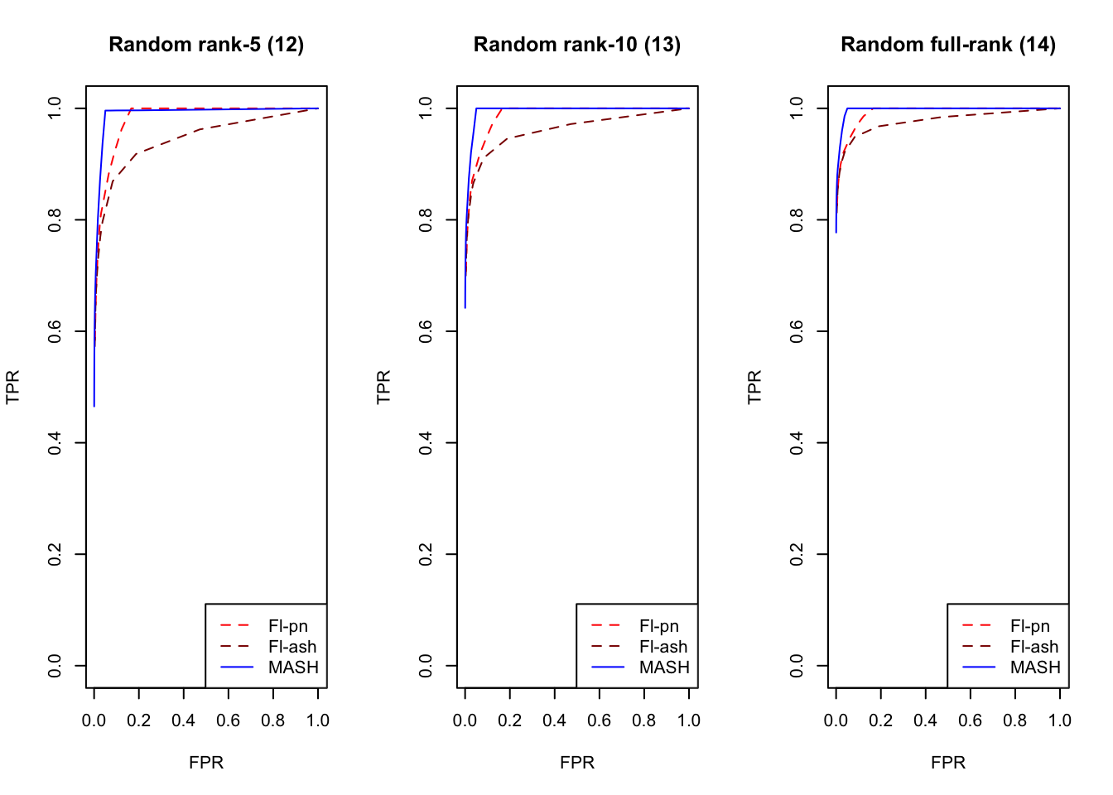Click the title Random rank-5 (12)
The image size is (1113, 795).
point(206,45)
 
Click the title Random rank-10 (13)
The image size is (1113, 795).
point(577,45)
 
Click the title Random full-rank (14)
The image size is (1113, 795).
point(948,45)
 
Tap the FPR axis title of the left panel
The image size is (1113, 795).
point(206,763)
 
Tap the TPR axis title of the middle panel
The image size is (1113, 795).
point(383,387)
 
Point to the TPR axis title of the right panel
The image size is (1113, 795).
point(754,387)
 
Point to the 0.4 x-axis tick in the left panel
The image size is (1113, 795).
point(184,720)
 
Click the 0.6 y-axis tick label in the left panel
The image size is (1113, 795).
point(55,331)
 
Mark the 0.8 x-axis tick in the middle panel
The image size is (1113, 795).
point(644,720)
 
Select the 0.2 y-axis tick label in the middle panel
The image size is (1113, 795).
point(426,554)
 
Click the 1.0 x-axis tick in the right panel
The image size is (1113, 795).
point(1060,720)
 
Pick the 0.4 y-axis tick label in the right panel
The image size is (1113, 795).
point(797,442)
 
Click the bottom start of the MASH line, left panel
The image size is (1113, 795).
point(94,406)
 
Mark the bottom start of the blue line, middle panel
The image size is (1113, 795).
point(465,308)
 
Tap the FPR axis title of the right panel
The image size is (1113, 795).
point(948,763)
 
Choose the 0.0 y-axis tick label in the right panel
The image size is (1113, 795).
point(797,666)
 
